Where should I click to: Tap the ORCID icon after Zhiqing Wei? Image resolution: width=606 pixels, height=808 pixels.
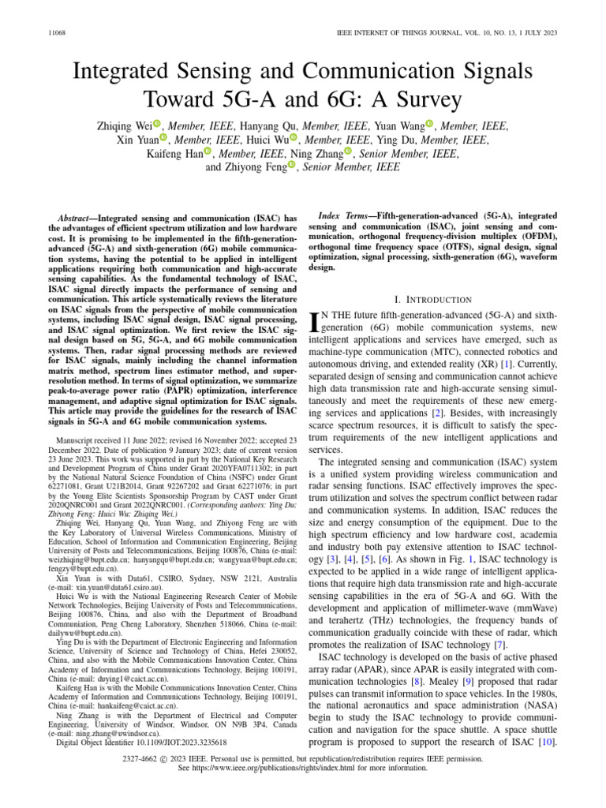157,125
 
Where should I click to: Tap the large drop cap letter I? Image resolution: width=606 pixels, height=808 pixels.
318,322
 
